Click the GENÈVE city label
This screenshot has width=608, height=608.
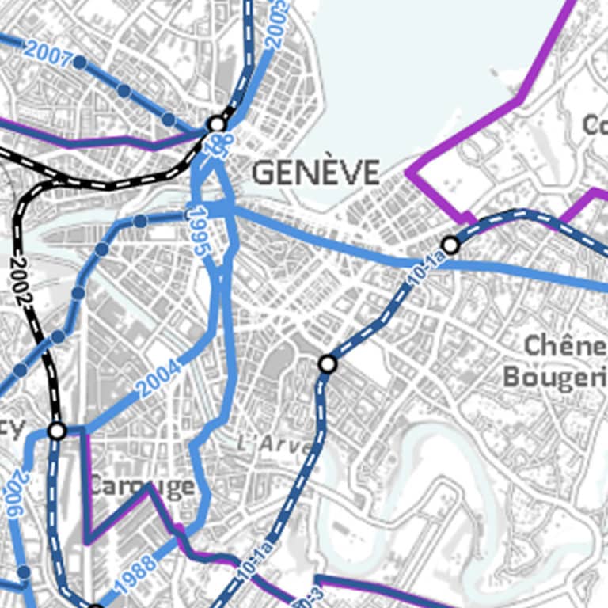315,173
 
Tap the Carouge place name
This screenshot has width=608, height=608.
140,485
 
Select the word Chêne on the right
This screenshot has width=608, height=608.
564,346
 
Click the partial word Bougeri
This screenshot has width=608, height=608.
554,377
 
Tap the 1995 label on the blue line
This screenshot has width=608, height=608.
199,230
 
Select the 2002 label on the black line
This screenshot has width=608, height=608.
23,283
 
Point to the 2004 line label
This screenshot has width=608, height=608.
158,378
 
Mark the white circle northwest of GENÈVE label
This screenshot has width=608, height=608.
217,124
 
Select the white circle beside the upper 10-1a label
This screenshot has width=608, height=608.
450,245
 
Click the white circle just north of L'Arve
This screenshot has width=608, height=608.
328,364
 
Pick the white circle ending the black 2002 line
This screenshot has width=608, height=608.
57,431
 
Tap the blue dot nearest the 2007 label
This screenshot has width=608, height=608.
79,62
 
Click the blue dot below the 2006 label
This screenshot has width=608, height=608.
24,572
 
